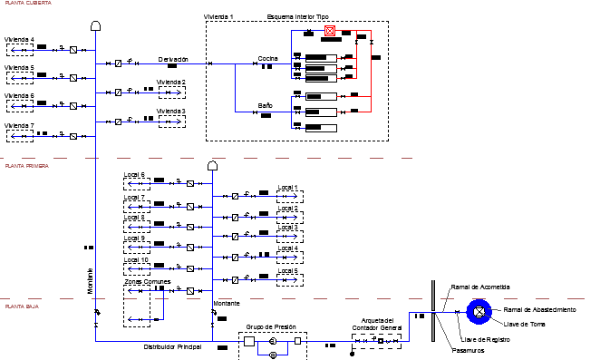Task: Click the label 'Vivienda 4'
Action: click(x=19, y=40)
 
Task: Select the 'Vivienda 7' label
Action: click(x=19, y=125)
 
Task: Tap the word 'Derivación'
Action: click(x=173, y=59)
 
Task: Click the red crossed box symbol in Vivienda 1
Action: click(x=330, y=31)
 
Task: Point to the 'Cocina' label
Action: click(x=268, y=58)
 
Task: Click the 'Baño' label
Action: click(x=265, y=106)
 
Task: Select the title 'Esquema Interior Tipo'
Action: click(x=299, y=17)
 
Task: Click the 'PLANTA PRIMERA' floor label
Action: click(x=26, y=167)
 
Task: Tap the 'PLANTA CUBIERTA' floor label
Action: click(x=26, y=4)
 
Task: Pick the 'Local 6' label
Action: click(x=134, y=174)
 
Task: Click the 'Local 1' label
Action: click(x=287, y=189)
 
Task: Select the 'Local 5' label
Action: click(x=287, y=270)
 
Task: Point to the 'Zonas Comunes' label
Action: click(x=147, y=282)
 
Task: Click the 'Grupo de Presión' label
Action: click(x=273, y=326)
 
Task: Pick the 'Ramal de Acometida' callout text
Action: click(x=480, y=287)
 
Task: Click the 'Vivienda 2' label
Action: click(x=171, y=83)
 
